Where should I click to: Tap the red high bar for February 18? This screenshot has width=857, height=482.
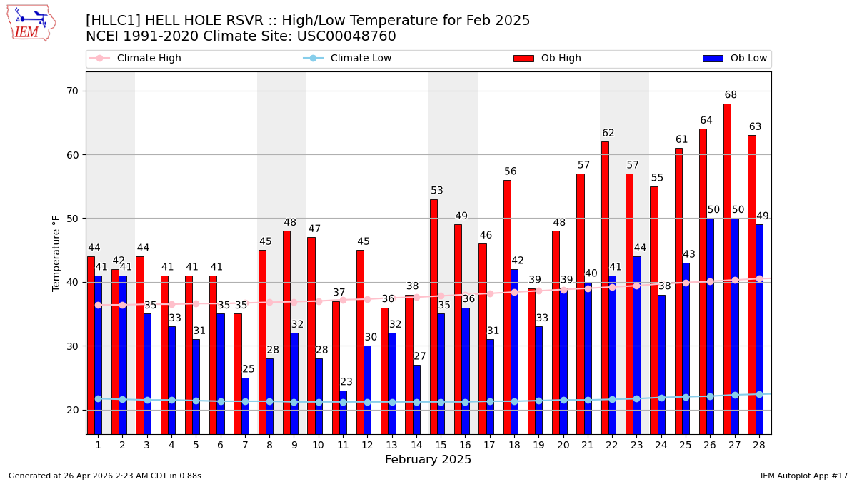pos(507,307)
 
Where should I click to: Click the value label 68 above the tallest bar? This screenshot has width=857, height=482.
pos(731,95)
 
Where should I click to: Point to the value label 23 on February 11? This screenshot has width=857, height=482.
pos(346,382)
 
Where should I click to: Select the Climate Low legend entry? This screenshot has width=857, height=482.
pos(347,59)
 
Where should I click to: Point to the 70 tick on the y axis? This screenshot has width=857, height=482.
pos(73,91)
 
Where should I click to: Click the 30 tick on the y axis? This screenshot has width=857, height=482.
pos(73,346)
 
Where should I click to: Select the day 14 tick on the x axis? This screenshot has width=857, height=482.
pos(416,445)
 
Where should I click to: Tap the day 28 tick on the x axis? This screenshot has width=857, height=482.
pos(758,445)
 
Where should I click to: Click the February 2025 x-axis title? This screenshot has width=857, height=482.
pos(428,460)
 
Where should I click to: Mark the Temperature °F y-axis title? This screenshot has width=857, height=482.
pos(57,253)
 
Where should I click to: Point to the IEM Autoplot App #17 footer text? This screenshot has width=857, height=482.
pos(803,476)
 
